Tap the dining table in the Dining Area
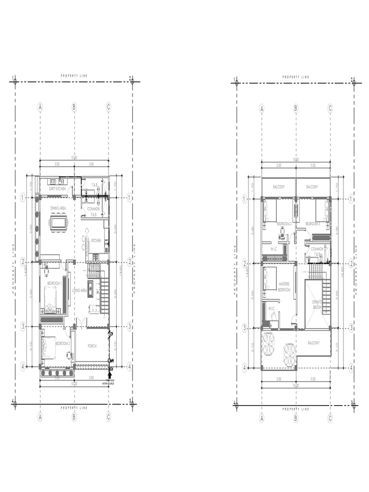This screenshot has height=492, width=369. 59,222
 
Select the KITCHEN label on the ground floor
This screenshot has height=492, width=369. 96,241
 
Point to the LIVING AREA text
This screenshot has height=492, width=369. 79,291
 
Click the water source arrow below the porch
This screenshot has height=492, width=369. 111,376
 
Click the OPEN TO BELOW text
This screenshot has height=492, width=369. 317,304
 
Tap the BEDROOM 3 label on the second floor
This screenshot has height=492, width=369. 313,224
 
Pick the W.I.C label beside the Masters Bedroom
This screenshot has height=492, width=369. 271,309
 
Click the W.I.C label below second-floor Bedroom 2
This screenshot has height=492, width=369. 273,249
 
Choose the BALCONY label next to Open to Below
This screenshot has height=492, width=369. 315,343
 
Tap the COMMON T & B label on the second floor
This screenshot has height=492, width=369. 317,251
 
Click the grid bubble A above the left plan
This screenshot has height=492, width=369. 40,107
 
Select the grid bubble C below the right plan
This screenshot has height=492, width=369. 330,418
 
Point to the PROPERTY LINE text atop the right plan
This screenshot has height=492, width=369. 295,77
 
